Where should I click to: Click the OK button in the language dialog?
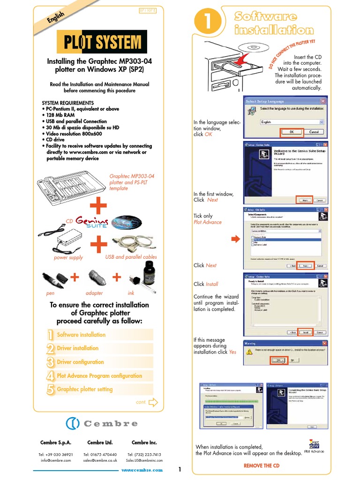[292, 132]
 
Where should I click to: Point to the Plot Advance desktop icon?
[314, 445]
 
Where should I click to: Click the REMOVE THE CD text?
[262, 465]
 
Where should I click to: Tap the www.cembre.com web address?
[142, 470]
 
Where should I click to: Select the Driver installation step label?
[78, 348]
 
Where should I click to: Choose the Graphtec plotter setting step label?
[85, 389]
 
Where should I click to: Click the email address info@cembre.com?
[56, 460]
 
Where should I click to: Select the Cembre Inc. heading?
[144, 442]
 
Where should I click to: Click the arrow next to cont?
[153, 402]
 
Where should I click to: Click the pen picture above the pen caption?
[54, 280]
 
